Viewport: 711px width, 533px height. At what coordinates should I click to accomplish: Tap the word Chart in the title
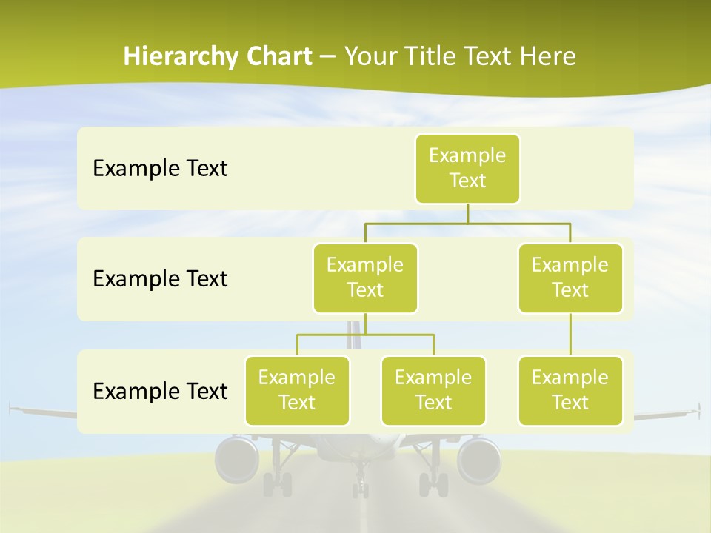point(277,56)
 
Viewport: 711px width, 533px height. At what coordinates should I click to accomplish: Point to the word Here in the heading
point(548,56)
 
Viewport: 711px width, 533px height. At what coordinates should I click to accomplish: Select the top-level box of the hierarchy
point(467,169)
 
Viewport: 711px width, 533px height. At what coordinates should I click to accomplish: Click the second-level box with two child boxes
point(365,278)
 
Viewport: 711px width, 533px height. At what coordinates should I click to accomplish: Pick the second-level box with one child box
point(570,278)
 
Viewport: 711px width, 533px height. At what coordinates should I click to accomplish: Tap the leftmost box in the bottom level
point(297,390)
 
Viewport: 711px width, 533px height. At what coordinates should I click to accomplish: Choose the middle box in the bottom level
point(433,390)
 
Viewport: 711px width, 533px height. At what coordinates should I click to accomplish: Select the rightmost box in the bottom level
point(570,390)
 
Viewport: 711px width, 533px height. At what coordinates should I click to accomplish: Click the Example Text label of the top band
point(160,169)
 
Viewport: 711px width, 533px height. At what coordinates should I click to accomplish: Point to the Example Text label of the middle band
point(160,279)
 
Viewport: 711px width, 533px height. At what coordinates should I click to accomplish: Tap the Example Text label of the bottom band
point(160,391)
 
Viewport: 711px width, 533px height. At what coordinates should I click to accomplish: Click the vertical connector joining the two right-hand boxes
point(570,335)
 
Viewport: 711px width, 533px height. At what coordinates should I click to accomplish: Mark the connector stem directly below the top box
point(467,213)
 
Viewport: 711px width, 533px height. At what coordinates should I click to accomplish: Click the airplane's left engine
point(236,459)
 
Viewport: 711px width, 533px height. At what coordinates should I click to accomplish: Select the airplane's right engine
point(478,459)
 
